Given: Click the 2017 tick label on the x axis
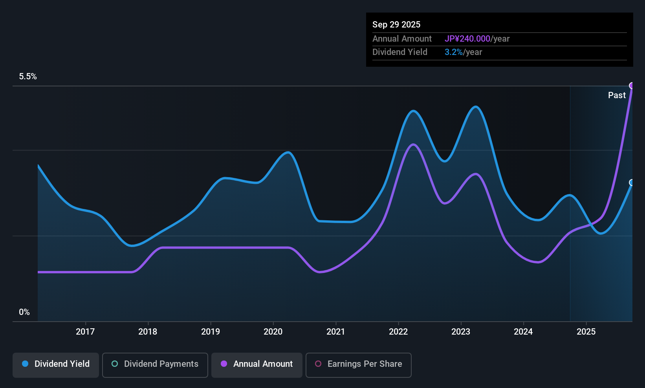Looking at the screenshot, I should tap(85, 331).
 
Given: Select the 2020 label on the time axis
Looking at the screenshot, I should tap(273, 331).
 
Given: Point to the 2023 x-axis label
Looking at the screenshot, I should tap(461, 331).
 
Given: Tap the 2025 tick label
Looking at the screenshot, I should tap(586, 331).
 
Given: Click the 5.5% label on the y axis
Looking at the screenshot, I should tap(28, 77).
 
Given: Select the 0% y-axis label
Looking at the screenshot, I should tap(24, 312).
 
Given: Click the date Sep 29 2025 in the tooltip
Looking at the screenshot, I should tap(396, 24).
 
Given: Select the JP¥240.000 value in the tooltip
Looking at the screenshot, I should tap(467, 38).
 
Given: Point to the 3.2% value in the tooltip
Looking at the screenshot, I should tap(454, 52).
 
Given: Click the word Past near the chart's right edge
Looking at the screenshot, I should tap(617, 95).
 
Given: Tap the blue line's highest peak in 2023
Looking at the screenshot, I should tap(476, 107).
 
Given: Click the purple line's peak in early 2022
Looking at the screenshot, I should tap(413, 145).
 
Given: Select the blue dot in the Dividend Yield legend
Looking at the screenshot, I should tap(25, 364).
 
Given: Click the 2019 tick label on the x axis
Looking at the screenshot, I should tap(211, 331).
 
